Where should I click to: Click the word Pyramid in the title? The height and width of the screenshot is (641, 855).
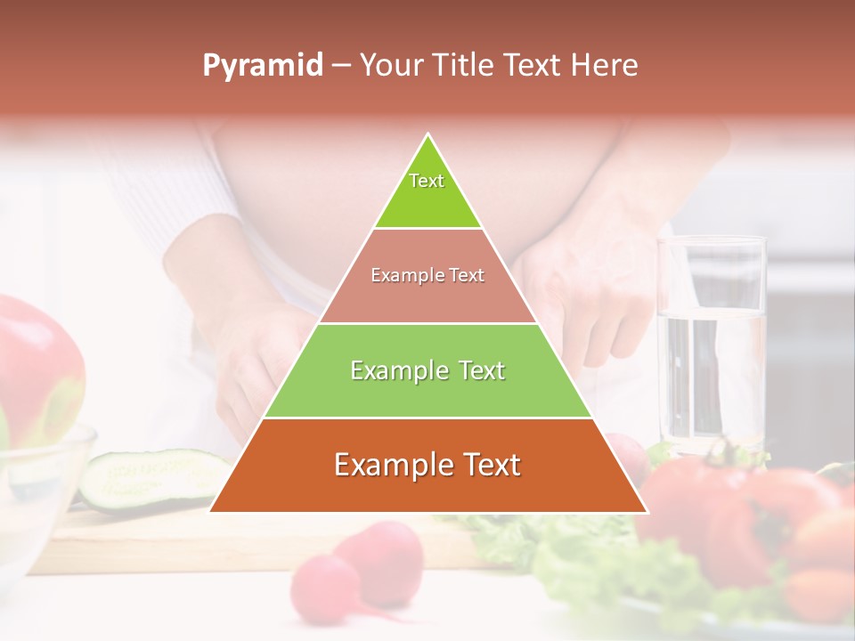pyautogui.click(x=262, y=66)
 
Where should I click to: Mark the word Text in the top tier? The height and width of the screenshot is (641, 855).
pyautogui.click(x=427, y=181)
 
